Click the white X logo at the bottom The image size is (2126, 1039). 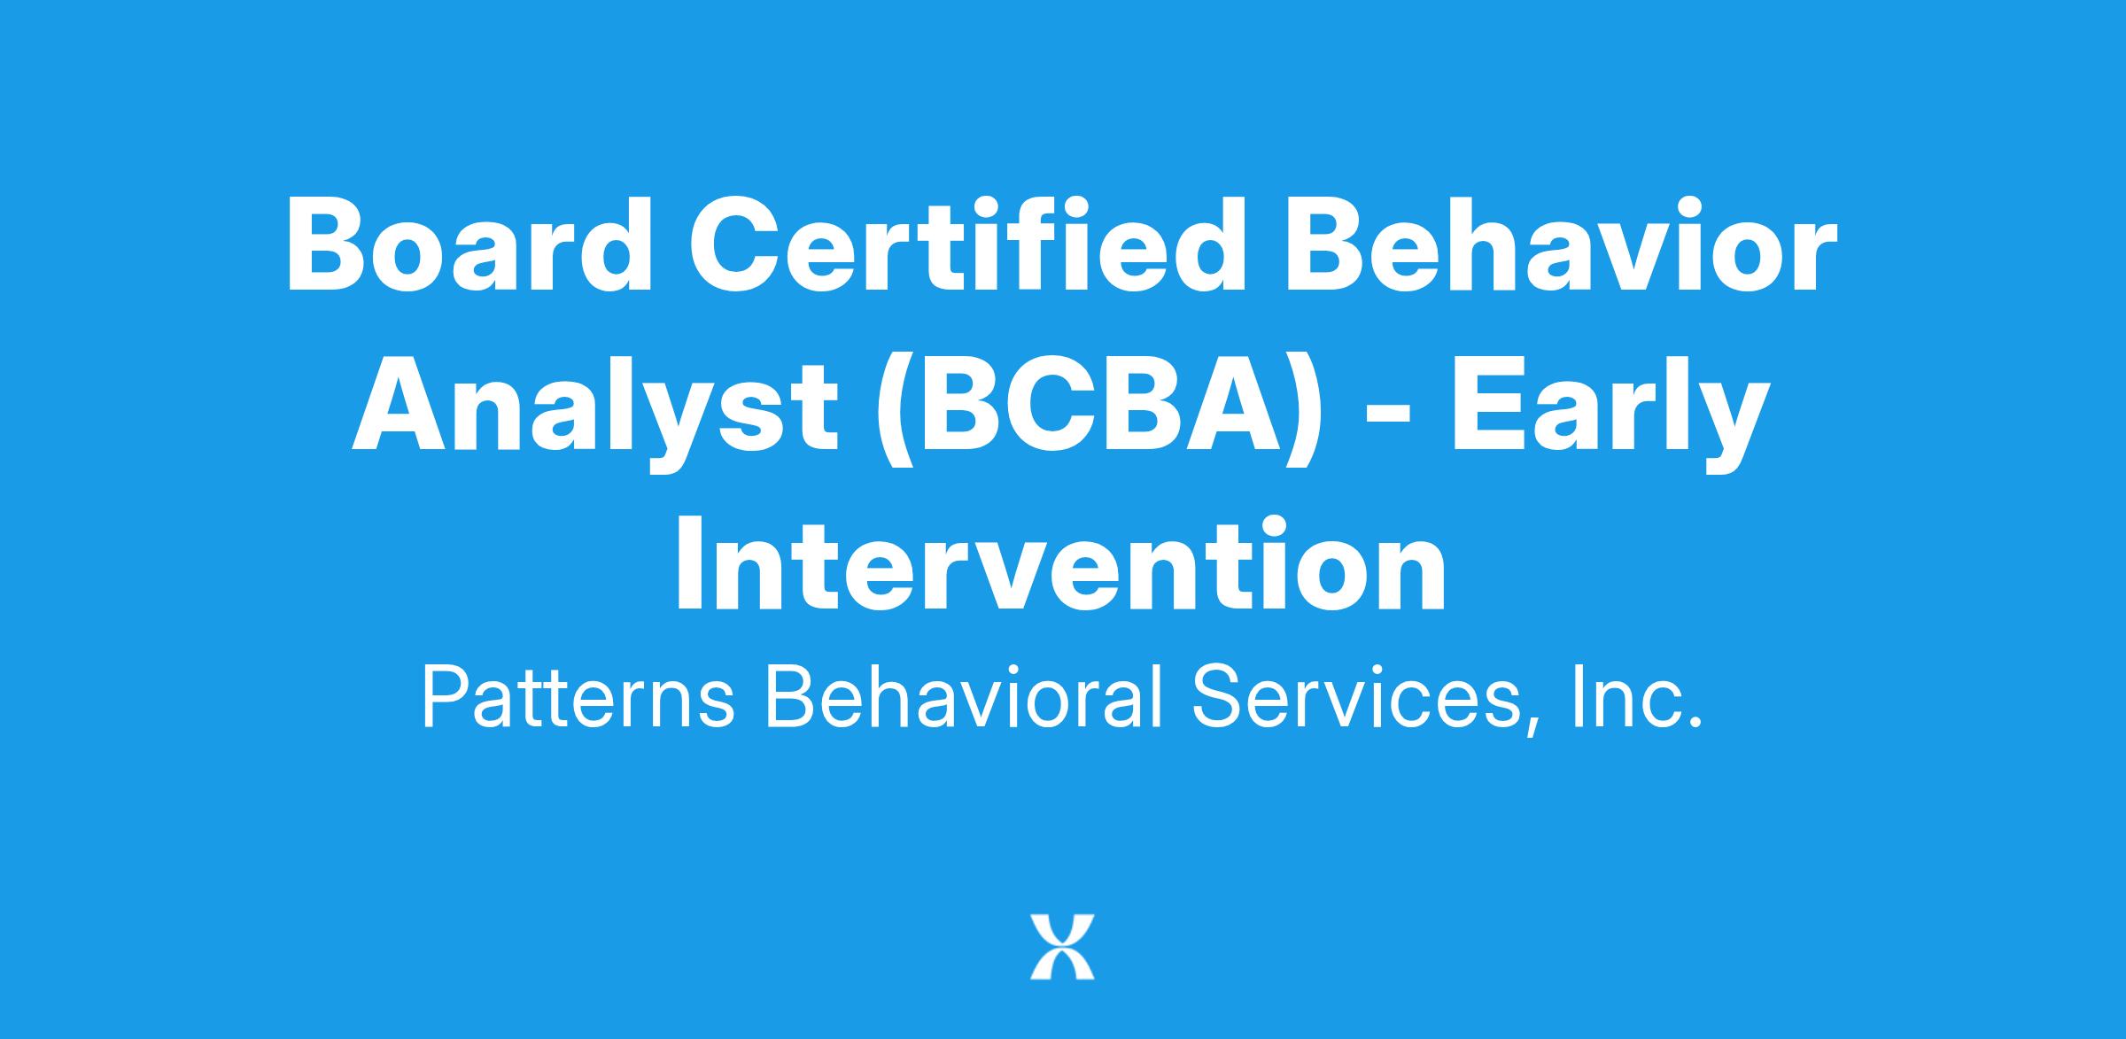tap(1062, 947)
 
